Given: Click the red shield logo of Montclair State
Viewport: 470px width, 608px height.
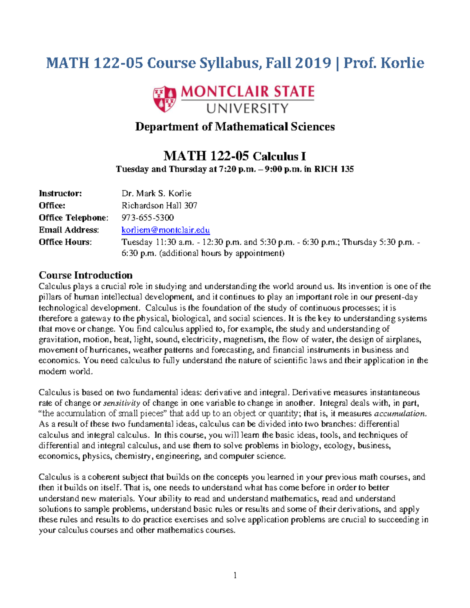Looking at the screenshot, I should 164,99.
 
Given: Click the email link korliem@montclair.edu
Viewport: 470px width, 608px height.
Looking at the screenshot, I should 166,230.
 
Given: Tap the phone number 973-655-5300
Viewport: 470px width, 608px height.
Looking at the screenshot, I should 148,218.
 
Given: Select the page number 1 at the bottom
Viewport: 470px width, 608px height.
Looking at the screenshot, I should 235,575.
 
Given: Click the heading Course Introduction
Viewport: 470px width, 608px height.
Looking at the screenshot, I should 85,275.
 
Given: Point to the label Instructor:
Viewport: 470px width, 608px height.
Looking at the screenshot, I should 60,193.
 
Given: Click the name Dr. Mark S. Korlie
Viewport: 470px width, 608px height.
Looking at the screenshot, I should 156,193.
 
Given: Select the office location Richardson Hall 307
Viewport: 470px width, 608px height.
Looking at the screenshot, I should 159,206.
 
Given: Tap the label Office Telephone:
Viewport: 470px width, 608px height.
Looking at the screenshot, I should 73,218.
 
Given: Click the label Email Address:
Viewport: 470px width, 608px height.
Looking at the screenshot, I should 69,230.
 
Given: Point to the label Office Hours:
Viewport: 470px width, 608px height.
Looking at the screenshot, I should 65,242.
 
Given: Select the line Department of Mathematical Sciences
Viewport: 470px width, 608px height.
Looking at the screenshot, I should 235,126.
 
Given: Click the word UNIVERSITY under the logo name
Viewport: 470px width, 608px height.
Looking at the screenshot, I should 248,108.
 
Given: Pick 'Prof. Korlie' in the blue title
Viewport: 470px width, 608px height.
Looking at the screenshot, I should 384,63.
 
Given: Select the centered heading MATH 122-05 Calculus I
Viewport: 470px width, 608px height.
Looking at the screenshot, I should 235,156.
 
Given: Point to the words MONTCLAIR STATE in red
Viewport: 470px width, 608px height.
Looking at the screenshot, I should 248,92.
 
